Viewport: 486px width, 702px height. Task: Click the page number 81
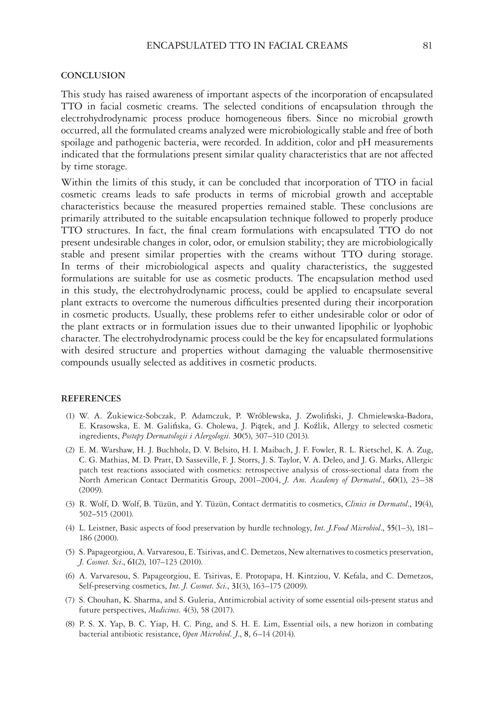pos(428,46)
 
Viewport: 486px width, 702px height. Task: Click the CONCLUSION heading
pos(93,75)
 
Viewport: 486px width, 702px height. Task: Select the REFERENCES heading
pos(91,398)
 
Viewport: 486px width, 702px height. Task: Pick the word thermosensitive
pos(400,351)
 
